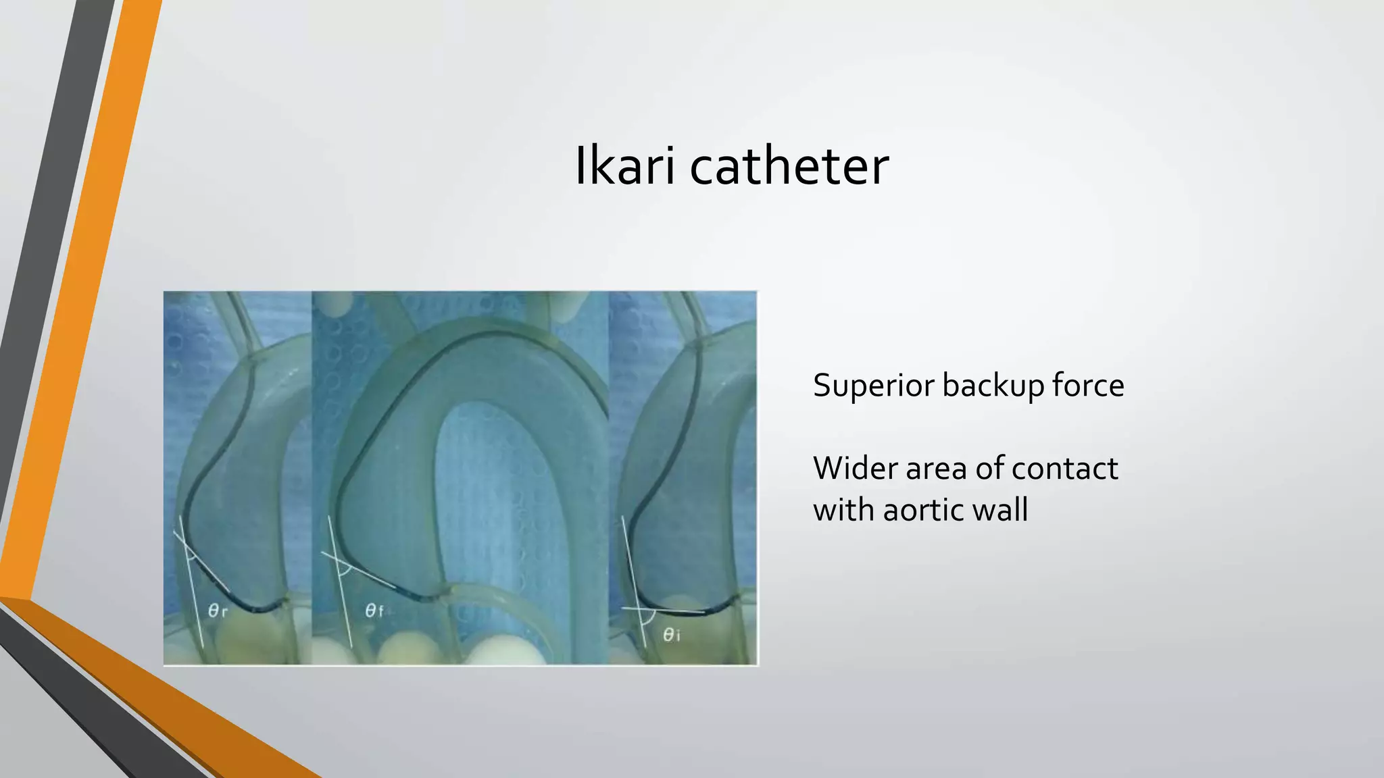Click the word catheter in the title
pyautogui.click(x=789, y=166)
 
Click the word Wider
pyautogui.click(x=854, y=468)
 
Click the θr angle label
pyautogui.click(x=217, y=611)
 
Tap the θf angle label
pyautogui.click(x=374, y=611)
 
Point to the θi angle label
pyautogui.click(x=671, y=635)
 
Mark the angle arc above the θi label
pyautogui.click(x=650, y=619)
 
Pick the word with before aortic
pyautogui.click(x=842, y=509)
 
